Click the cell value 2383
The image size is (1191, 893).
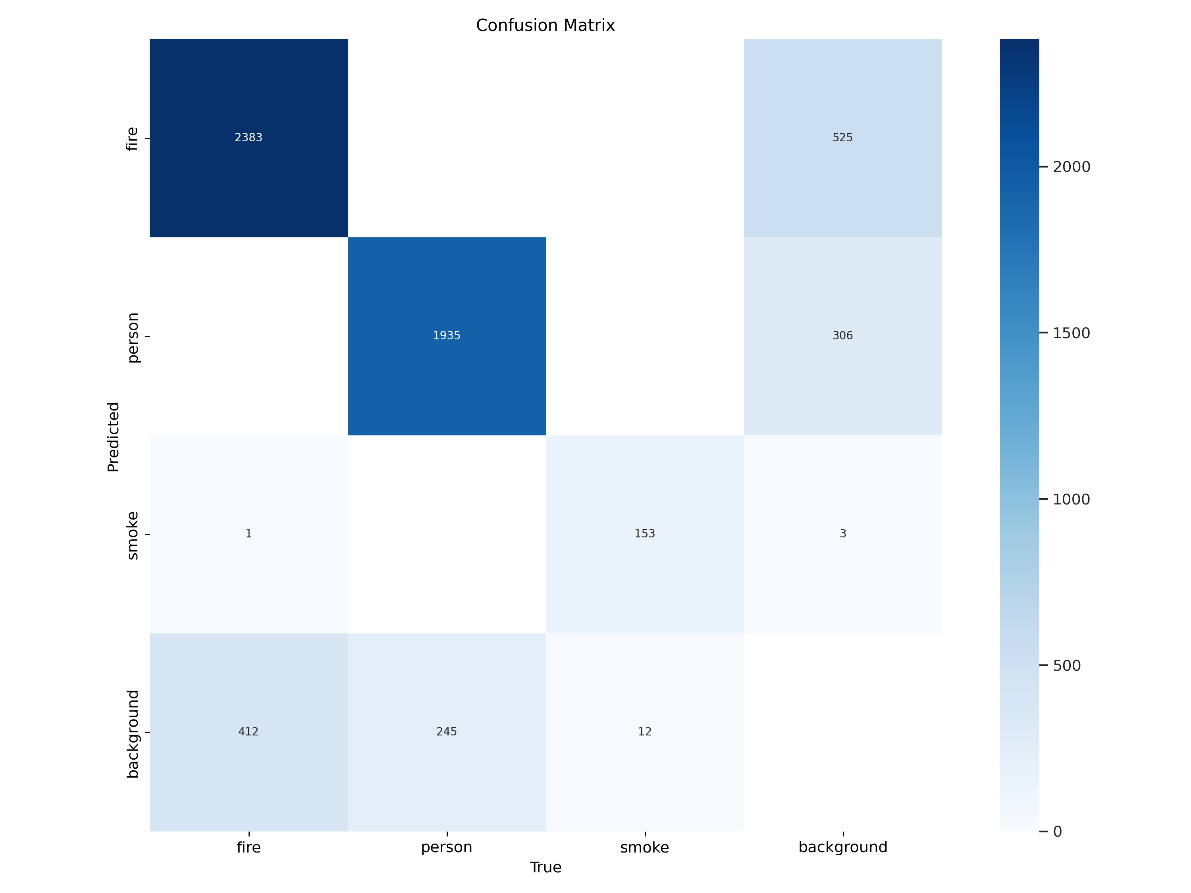pos(248,138)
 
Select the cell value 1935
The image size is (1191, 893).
pos(446,336)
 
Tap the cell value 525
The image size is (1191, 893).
pos(843,138)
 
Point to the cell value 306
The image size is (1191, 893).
pos(843,336)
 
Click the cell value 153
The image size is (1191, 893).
pos(644,534)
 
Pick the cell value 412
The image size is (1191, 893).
pos(248,732)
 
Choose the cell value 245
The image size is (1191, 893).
pos(446,732)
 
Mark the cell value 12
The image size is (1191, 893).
pos(644,732)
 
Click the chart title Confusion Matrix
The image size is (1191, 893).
pos(545,25)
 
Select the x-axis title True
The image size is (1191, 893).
pos(545,867)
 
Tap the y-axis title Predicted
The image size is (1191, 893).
pos(113,437)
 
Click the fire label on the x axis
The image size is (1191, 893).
pos(248,847)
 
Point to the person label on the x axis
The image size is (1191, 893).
pos(446,847)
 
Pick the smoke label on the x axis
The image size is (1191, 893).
pos(644,847)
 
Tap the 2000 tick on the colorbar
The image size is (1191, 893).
pos(1072,167)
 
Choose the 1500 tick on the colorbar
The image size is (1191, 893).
pos(1072,333)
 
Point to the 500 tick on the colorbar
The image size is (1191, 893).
pos(1067,666)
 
